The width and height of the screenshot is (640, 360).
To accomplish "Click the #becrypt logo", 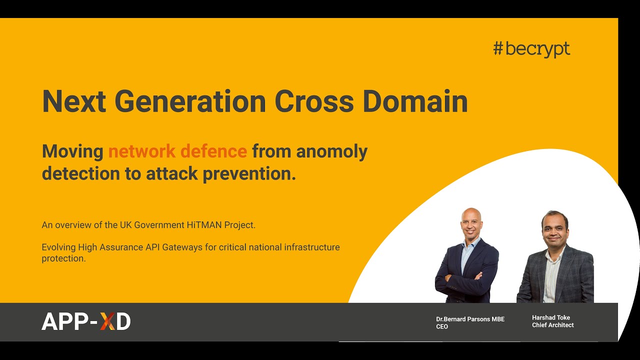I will (531, 49).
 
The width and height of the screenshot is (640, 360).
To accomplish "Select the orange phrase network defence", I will (177, 151).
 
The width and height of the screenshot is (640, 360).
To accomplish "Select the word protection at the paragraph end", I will (64, 258).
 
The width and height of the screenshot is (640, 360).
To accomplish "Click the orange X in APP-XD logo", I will (107, 321).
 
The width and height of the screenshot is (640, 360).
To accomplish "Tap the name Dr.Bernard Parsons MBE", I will (470, 319).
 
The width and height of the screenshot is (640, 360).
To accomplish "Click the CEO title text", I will (442, 326).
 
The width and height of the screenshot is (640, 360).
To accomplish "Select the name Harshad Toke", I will (550, 317).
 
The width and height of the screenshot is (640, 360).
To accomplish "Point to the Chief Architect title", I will (552, 325).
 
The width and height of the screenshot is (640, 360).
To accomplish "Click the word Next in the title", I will (74, 101).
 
